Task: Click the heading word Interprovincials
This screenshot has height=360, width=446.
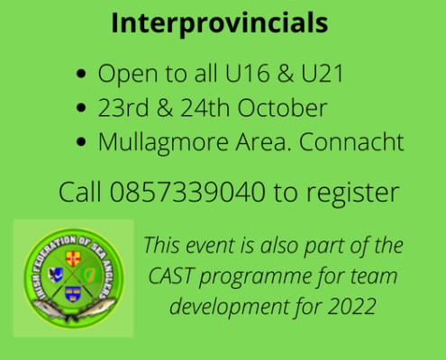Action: click(x=219, y=23)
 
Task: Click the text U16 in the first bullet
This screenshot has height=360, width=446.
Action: click(x=247, y=73)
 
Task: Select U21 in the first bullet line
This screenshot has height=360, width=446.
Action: click(x=323, y=73)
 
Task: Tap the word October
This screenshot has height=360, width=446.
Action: click(x=282, y=108)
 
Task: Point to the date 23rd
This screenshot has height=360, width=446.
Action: click(x=123, y=108)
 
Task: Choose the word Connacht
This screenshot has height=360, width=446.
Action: click(x=351, y=141)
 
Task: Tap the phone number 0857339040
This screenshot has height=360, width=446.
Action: click(x=187, y=192)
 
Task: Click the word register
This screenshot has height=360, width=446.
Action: click(x=352, y=193)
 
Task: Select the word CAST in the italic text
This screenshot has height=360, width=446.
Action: click(x=170, y=275)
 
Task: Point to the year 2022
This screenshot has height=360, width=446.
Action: click(x=351, y=306)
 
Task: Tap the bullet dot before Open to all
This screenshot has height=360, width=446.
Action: click(x=81, y=74)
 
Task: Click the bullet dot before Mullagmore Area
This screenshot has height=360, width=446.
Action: click(x=81, y=142)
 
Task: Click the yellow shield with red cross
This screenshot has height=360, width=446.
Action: click(x=73, y=258)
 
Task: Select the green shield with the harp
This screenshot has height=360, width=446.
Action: click(x=89, y=274)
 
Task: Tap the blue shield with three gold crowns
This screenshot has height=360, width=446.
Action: click(x=73, y=294)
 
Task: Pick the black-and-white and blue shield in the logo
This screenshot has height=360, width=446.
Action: click(x=55, y=274)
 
